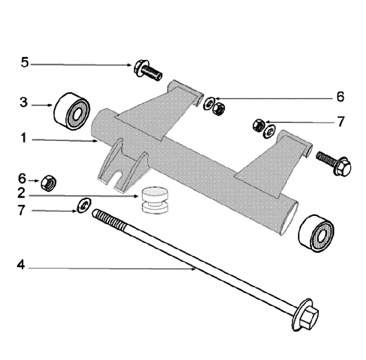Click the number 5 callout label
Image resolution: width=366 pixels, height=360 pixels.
pyautogui.click(x=25, y=63)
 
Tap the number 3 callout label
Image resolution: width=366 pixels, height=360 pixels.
pyautogui.click(x=23, y=102)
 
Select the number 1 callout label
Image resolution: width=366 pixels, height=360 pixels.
pyautogui.click(x=23, y=138)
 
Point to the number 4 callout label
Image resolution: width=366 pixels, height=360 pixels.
pyautogui.click(x=21, y=265)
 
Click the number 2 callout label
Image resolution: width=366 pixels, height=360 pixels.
pyautogui.click(x=21, y=193)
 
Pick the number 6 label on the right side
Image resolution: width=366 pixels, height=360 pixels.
pyautogui.click(x=340, y=97)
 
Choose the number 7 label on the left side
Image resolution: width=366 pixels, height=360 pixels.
pyautogui.click(x=21, y=210)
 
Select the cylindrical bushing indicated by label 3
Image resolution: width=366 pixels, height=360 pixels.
pyautogui.click(x=72, y=111)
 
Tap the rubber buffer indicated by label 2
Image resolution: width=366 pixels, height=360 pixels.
pyautogui.click(x=155, y=200)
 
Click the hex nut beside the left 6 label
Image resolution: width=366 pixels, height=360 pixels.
pyautogui.click(x=49, y=183)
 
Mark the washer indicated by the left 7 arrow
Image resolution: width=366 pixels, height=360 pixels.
pyautogui.click(x=84, y=205)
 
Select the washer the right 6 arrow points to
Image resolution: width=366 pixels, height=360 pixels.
pyautogui.click(x=208, y=103)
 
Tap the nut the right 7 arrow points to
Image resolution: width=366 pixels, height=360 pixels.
pyautogui.click(x=259, y=125)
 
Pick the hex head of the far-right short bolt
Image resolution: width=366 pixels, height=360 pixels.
pyautogui.click(x=343, y=166)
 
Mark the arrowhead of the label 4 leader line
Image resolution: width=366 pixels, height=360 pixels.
pyautogui.click(x=194, y=269)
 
